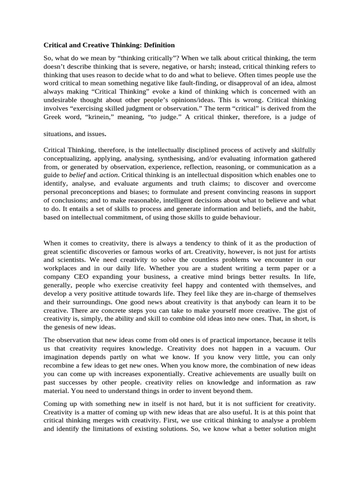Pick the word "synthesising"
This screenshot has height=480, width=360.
pos(179,159)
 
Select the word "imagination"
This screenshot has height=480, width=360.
pos(63,357)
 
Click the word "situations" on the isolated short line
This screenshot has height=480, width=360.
pos(59,134)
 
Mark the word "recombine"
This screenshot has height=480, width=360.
pos(61,366)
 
